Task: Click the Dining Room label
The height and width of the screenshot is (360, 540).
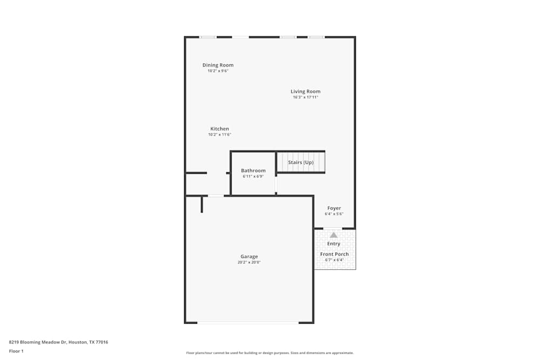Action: pos(218,65)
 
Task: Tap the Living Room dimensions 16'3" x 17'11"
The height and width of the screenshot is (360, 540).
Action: pos(306,97)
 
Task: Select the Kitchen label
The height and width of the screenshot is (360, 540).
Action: pos(220,129)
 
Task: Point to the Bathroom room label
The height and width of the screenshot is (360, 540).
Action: pos(253,171)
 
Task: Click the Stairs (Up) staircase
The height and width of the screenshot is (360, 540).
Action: pos(301,162)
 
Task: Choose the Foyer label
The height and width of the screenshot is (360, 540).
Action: pos(334,208)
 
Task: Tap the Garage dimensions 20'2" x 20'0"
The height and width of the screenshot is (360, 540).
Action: pos(249,262)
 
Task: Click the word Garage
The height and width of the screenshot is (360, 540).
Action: pos(249,256)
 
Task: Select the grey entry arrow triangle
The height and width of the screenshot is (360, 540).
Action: pos(334,235)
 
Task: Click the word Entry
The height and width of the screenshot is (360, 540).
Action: pos(334,244)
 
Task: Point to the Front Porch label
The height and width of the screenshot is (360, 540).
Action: pos(334,254)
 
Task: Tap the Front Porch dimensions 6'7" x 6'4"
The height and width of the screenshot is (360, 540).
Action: pos(334,260)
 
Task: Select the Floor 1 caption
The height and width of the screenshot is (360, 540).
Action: pos(16,351)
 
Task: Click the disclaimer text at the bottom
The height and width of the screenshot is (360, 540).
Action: pos(270,353)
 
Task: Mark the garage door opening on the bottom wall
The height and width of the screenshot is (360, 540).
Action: pos(248,323)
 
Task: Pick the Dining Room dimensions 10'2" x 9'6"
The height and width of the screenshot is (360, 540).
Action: pos(218,71)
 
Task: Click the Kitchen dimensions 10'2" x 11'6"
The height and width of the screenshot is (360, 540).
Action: pos(220,134)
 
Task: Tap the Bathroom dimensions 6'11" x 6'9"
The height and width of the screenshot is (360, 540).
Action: pos(253,176)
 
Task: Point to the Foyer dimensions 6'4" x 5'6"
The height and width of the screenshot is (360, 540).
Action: pos(334,214)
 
